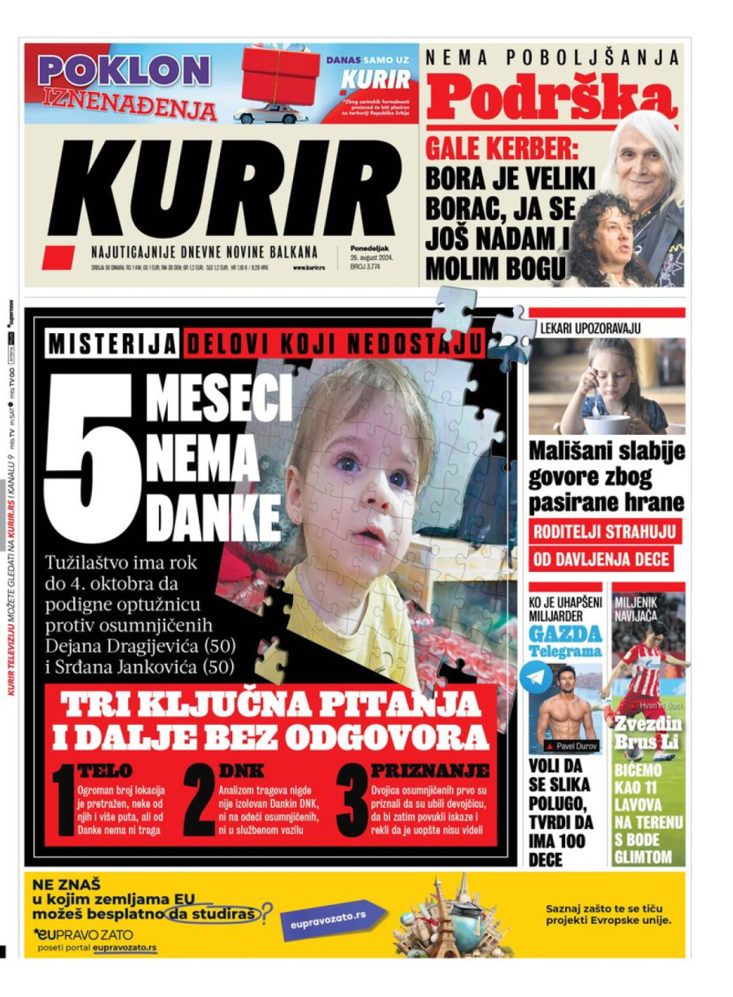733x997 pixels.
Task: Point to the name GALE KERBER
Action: pos(489,150)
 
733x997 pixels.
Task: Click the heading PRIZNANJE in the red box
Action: pos(429,771)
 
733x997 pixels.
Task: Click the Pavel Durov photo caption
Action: pos(576,746)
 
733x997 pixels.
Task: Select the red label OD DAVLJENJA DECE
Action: pos(601,560)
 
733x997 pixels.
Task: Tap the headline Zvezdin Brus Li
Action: pos(648,732)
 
